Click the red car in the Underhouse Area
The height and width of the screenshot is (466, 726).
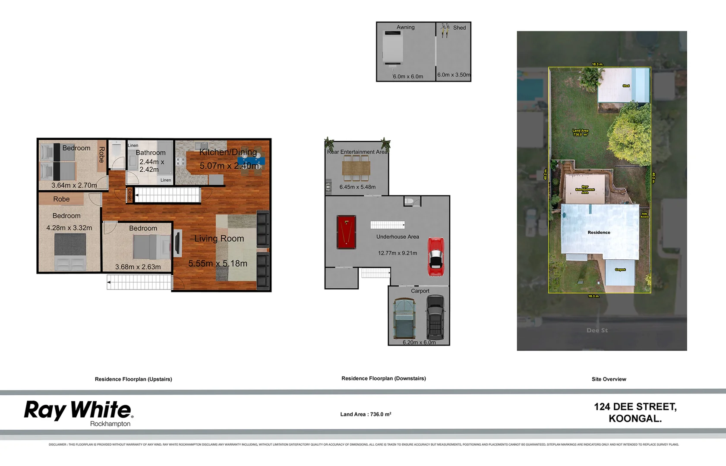[x=436, y=257]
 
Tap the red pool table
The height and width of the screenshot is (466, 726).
[x=346, y=232]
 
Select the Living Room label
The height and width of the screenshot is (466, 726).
[x=219, y=239]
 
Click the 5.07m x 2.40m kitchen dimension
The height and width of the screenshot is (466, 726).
[x=229, y=166]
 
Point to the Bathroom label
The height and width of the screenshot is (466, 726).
[x=150, y=153]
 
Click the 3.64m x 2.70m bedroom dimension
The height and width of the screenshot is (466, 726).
[x=74, y=185]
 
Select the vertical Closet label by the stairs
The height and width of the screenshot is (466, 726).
[x=129, y=195]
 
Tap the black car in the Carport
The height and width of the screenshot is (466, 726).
[x=435, y=318]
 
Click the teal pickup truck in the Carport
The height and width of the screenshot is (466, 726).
[x=404, y=319]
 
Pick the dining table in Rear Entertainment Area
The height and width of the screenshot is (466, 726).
[x=356, y=168]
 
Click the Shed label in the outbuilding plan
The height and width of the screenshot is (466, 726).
[x=459, y=28]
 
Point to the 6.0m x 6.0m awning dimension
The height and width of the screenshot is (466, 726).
[x=408, y=76]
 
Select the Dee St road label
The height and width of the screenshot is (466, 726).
[x=597, y=330]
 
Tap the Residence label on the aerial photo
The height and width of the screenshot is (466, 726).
[x=599, y=232]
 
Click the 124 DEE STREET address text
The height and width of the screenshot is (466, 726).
[x=635, y=407]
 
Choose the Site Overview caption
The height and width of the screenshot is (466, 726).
[x=609, y=379]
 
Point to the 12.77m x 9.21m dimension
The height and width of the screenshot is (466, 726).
[x=398, y=253]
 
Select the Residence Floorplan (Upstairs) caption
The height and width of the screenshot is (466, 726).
[x=133, y=379]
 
